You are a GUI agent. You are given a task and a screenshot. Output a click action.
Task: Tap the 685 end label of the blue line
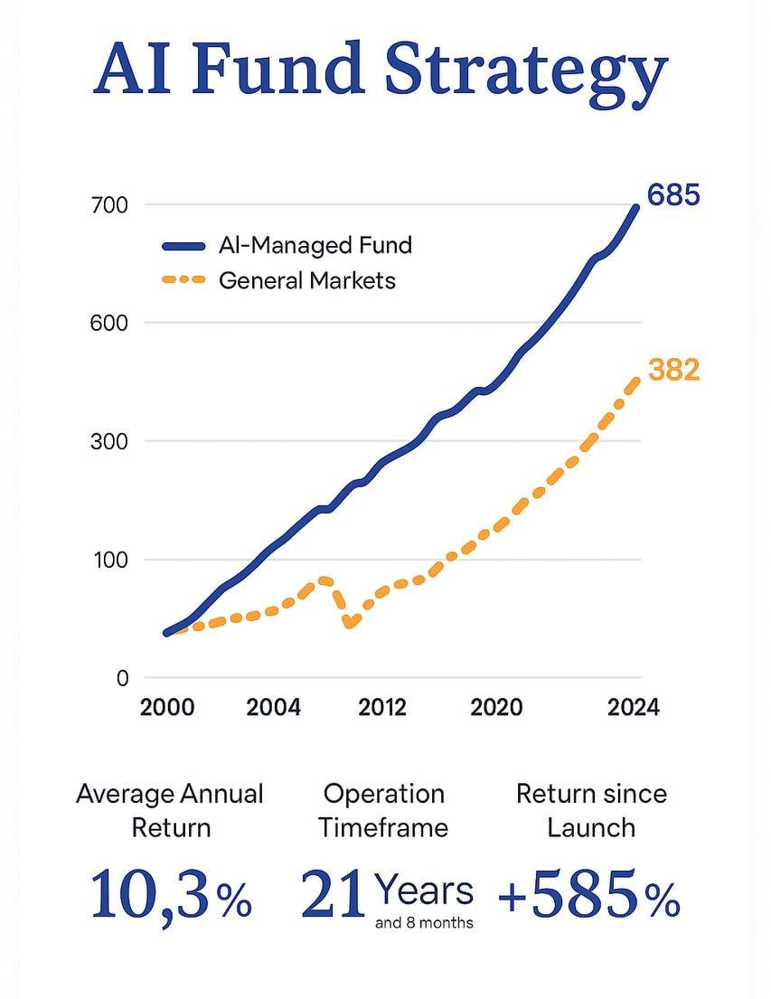coord(673,194)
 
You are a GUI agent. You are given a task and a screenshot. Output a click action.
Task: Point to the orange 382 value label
coord(674,369)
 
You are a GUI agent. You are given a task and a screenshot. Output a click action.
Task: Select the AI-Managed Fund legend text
coord(315,244)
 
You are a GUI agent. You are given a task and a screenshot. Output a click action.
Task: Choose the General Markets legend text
coord(307,280)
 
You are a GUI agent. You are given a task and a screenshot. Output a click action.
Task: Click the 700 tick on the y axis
coord(110,205)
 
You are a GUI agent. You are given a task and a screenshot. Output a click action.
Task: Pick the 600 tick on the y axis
coord(110,323)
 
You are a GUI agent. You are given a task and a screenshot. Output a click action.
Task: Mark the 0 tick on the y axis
coord(122,678)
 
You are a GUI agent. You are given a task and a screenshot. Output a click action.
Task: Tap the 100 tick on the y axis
coord(110,560)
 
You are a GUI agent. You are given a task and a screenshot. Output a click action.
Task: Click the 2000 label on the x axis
coord(167,706)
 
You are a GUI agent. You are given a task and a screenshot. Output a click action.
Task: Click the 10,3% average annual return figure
coord(171,895)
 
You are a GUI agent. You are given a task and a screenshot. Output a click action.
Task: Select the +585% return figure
coord(588,895)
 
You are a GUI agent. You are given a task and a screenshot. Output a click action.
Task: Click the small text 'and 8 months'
coord(423,923)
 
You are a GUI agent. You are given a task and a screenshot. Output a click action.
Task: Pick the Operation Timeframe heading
coord(384,810)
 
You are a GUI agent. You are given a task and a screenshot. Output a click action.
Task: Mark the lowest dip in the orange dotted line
coord(351,623)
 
